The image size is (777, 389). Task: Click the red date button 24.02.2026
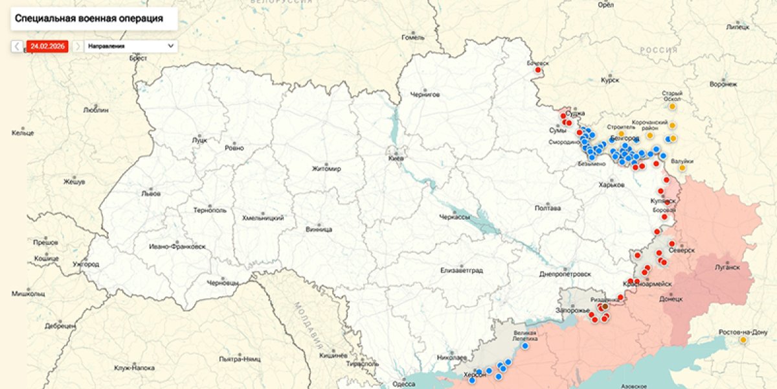[x=48, y=46]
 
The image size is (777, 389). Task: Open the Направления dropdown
[x=130, y=46]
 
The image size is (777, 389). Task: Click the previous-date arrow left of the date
[x=17, y=46]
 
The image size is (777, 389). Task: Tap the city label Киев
[x=395, y=158]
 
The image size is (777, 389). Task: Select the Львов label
[x=151, y=193]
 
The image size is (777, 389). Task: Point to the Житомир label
[x=326, y=169]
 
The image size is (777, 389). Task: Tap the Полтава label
[x=548, y=208]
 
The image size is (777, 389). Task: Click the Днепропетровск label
[x=565, y=274]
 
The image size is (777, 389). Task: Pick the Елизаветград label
[x=462, y=270]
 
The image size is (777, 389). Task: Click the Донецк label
[x=671, y=300]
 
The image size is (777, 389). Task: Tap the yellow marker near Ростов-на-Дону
[x=743, y=340]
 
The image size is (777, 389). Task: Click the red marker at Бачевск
[x=537, y=70]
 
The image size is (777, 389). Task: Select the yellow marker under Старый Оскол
[x=672, y=106]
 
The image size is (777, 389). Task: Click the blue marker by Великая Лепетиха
[x=525, y=346]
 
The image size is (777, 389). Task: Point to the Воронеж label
[x=723, y=84]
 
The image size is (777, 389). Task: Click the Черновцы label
[x=223, y=283]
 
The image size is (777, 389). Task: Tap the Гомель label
[x=412, y=37]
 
